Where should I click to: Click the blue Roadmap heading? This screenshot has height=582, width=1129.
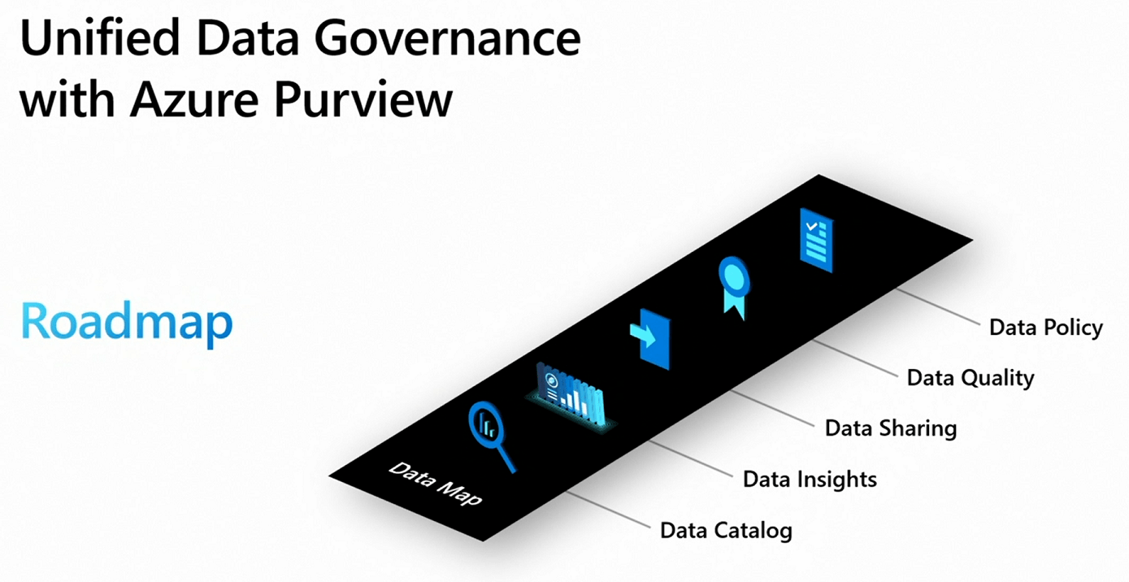127,323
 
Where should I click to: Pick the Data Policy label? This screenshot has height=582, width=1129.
1045,328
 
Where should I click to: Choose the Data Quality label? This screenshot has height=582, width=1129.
971,377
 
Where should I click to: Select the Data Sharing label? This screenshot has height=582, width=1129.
890,428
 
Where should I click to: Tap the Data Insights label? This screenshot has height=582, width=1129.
810,479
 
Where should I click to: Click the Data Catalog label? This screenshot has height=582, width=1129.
725,531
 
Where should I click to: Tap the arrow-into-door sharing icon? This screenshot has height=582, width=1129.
650,337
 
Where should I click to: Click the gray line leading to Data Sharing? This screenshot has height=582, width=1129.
772,406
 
